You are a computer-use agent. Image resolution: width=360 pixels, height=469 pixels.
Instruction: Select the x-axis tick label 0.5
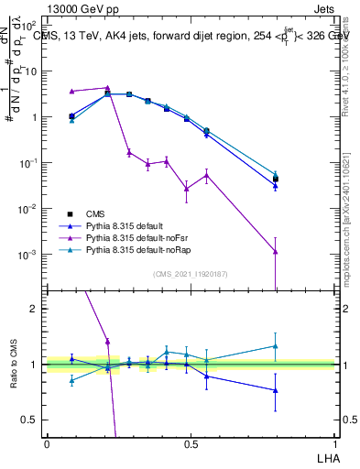pyautogui.click(x=191, y=443)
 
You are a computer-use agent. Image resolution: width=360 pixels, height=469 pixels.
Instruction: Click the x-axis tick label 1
pyautogui.click(x=334, y=443)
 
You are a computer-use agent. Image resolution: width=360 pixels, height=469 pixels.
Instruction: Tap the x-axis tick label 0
pyautogui.click(x=47, y=443)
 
